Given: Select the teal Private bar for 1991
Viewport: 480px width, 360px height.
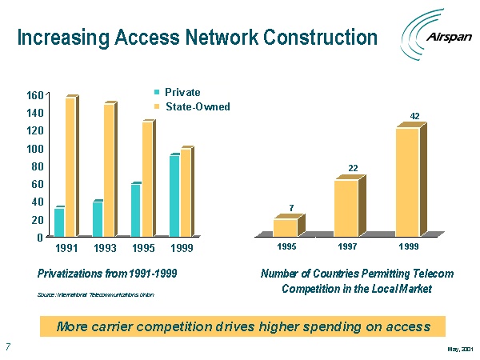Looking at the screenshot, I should pos(58,222).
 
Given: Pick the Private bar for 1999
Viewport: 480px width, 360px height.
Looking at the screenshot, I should pos(174,195).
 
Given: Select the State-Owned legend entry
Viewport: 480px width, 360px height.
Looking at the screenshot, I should pos(191,107).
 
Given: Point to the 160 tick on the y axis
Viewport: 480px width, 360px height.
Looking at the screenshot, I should pos(34,94).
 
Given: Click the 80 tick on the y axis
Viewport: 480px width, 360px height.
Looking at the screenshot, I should pos(37,166).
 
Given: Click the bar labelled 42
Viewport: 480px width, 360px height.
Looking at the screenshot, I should pos(407,181).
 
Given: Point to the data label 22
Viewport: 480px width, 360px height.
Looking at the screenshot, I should pos(352,168).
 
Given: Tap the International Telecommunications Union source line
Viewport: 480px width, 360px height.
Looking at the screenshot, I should pos(96,295).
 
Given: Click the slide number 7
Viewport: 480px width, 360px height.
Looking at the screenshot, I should pos(7,347).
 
